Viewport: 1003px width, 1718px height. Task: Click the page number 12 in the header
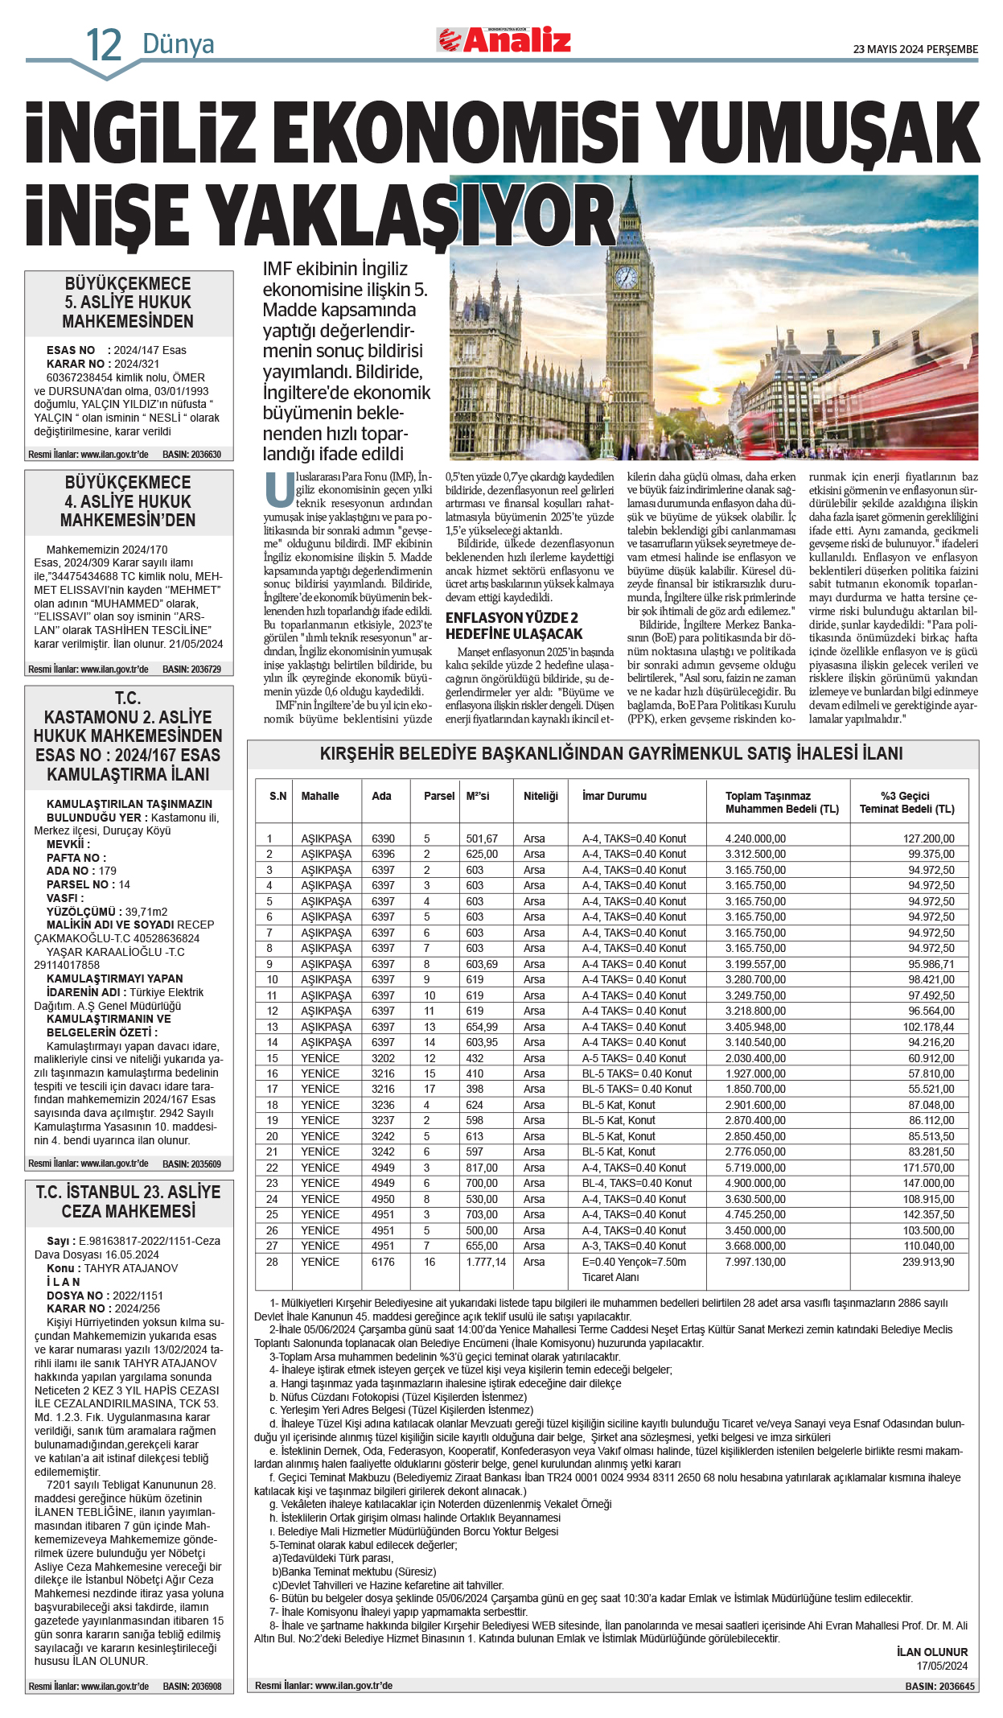coord(104,45)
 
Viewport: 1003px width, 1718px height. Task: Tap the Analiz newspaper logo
coord(504,39)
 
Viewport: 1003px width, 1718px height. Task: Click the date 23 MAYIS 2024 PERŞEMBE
coord(915,49)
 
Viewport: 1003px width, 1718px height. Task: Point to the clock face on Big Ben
coord(626,277)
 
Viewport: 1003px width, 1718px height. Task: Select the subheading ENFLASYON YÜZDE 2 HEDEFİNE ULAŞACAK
coord(513,625)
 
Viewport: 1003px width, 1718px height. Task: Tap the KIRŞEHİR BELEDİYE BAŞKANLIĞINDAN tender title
coord(611,753)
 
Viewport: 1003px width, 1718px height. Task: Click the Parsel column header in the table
coord(439,796)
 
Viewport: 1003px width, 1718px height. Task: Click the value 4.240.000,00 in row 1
coord(755,838)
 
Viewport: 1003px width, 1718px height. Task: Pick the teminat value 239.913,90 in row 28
coord(928,1262)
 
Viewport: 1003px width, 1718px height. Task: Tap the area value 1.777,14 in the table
coord(486,1262)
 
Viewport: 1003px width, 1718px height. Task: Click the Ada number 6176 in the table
coord(383,1262)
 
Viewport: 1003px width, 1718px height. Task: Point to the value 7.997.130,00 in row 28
coord(755,1262)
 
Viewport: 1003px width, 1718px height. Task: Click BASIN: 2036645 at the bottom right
coord(939,1686)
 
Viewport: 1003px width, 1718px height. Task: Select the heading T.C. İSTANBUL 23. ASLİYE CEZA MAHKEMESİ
coord(129,1201)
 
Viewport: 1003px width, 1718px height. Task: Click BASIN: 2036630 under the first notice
coord(191,455)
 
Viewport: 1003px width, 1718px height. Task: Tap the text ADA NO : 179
coord(81,871)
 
